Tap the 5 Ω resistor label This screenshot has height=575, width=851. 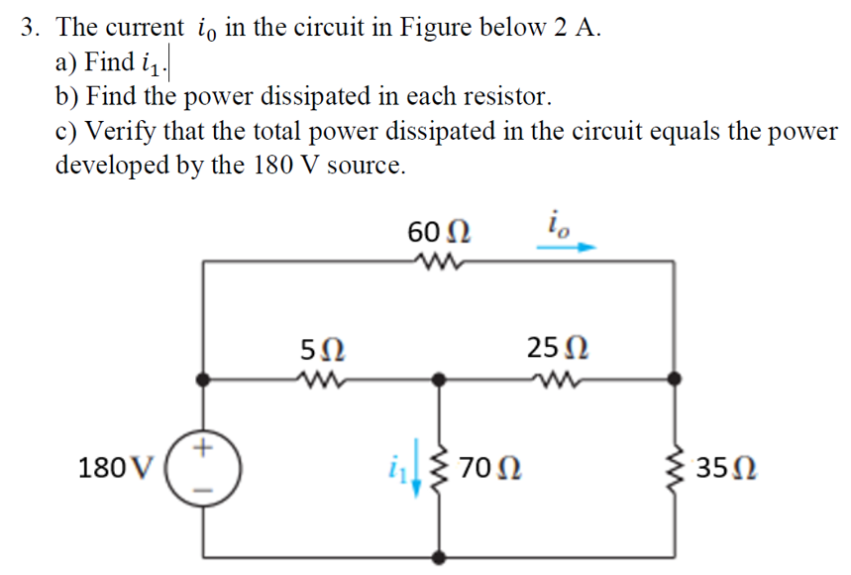pyautogui.click(x=323, y=349)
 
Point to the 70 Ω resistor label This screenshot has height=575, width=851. pyautogui.click(x=492, y=465)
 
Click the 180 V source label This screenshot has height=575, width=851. pyautogui.click(x=117, y=465)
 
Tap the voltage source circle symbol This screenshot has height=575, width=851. pyautogui.click(x=204, y=465)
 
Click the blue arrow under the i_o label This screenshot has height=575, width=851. pyautogui.click(x=569, y=250)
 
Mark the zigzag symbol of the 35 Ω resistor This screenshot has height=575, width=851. pyautogui.click(x=679, y=464)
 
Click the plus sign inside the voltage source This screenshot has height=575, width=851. pyautogui.click(x=204, y=448)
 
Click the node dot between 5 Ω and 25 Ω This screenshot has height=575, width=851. pyautogui.click(x=439, y=378)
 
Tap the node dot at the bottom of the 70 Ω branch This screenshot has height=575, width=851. pyautogui.click(x=439, y=557)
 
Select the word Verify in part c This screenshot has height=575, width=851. pyautogui.click(x=118, y=131)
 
